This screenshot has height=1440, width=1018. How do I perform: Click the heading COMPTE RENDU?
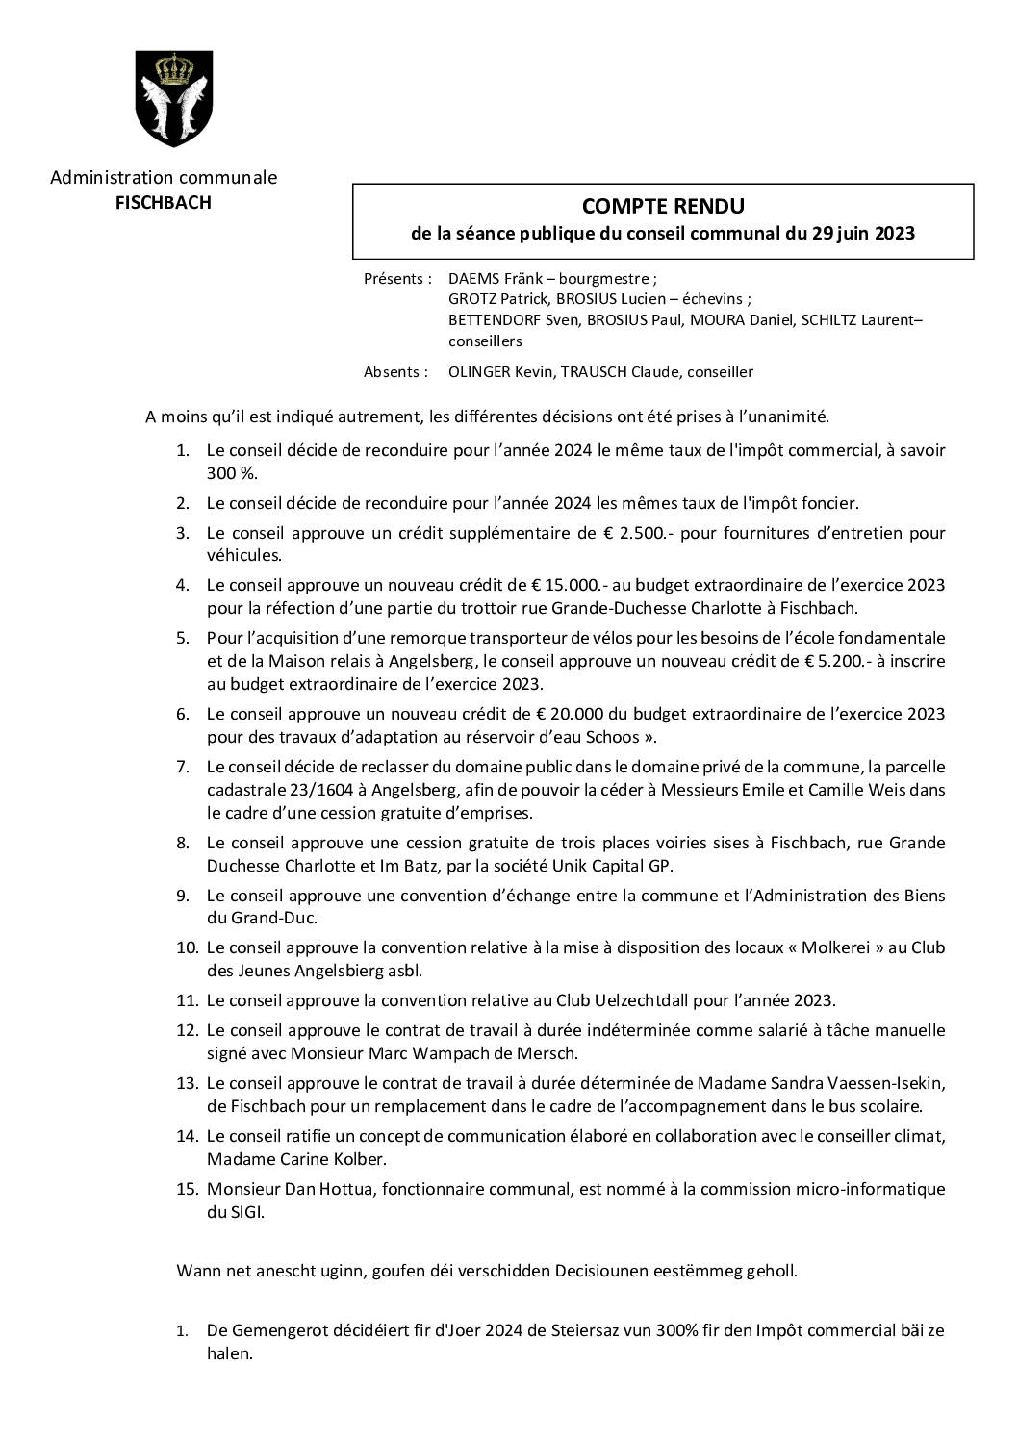663,206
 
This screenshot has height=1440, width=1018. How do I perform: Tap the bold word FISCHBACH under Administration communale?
164,202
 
